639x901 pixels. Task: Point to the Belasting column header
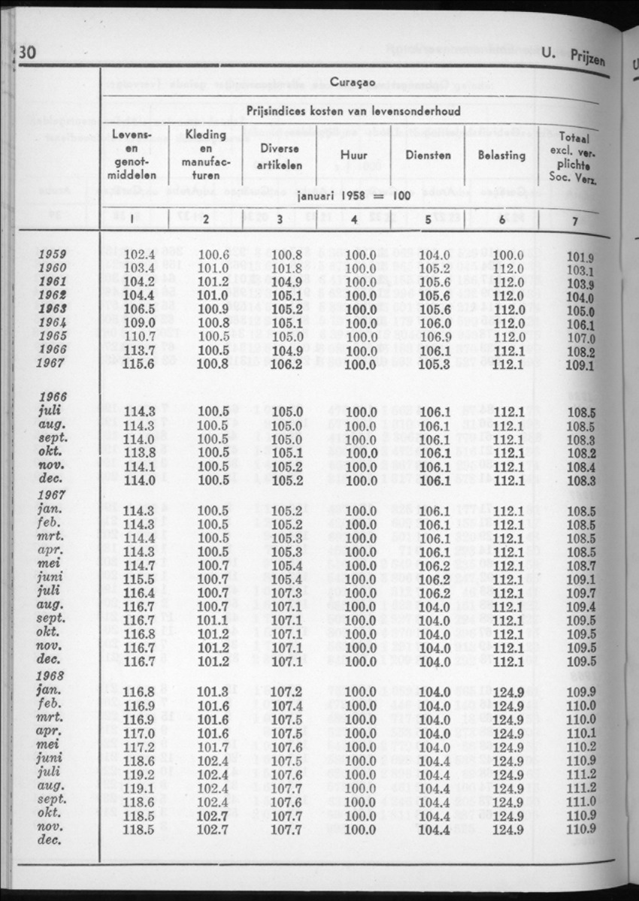coord(501,156)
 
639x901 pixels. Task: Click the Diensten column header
coord(427,156)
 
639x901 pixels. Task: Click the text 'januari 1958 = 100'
coord(350,195)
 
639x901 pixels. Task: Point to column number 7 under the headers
coord(574,222)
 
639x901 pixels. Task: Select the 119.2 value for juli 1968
coord(139,774)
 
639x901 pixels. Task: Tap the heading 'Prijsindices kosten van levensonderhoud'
coord(353,113)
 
